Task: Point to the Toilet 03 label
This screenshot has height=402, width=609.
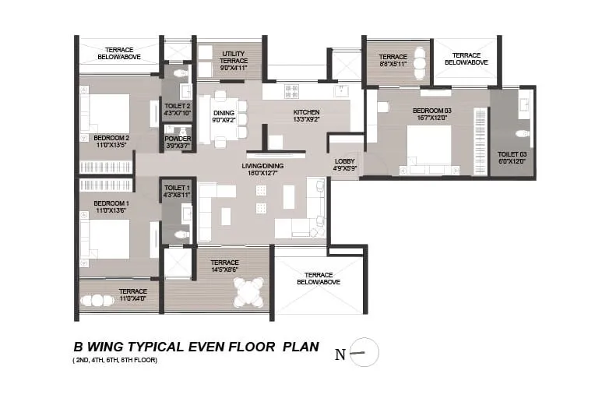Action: tap(512, 154)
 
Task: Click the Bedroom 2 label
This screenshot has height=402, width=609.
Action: tap(111, 138)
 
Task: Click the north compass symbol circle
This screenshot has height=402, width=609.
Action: tap(364, 353)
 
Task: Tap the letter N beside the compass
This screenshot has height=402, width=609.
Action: tap(340, 354)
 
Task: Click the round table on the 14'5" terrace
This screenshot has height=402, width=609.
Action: tap(248, 294)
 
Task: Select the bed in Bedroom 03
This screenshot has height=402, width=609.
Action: tap(428, 147)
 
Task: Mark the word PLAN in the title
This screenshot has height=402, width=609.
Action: tap(301, 347)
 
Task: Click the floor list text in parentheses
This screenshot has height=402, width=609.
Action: tap(114, 360)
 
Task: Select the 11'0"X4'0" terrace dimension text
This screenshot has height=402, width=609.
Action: tap(132, 297)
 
